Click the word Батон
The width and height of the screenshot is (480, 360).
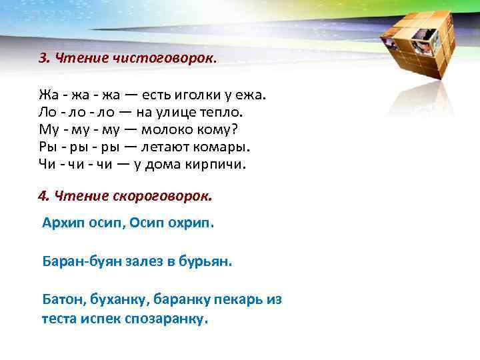[x=62, y=299]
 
